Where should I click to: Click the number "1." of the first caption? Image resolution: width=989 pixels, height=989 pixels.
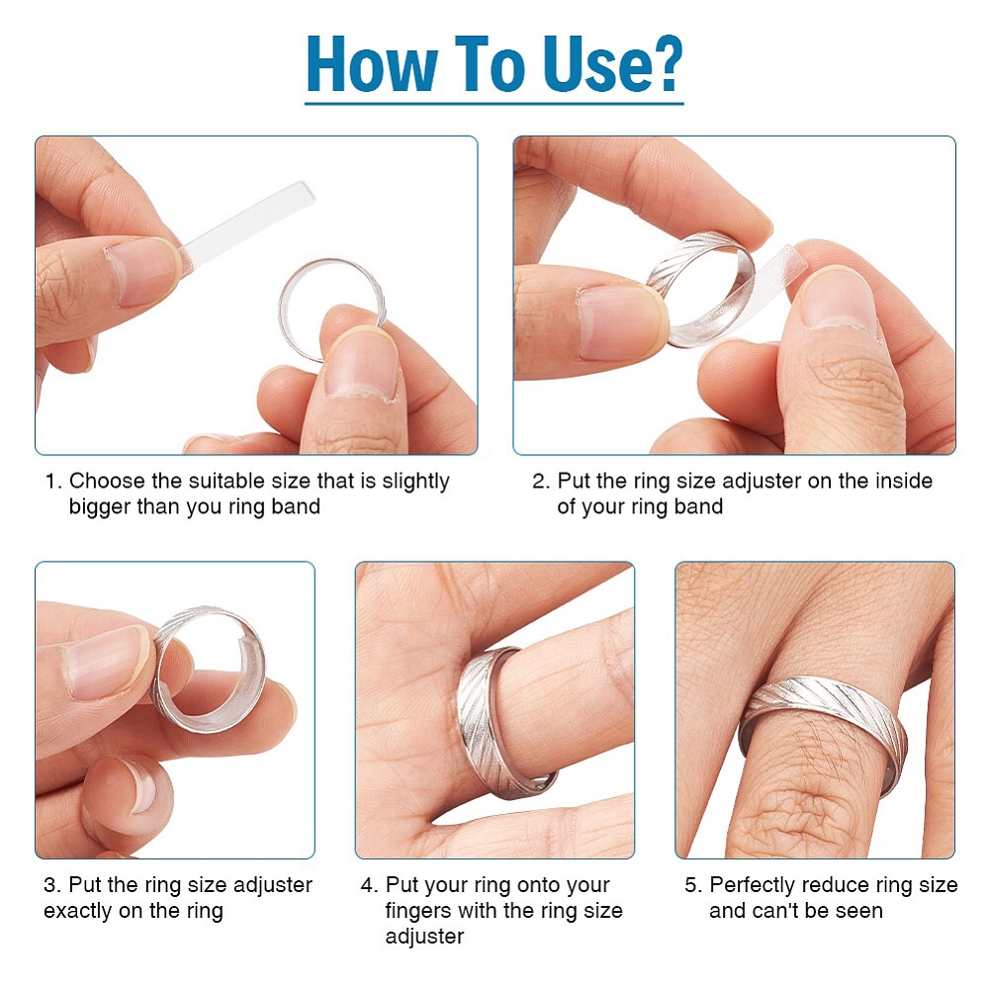(53, 482)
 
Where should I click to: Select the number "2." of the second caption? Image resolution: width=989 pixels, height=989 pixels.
(540, 482)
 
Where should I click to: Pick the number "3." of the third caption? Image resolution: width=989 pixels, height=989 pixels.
(51, 885)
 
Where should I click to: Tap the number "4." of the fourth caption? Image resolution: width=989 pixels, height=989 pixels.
(369, 885)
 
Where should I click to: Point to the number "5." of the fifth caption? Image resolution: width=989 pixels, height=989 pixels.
(693, 885)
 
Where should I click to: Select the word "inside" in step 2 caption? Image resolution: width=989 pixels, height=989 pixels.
(900, 482)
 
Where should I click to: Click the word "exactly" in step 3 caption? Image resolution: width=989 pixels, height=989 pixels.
(78, 911)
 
